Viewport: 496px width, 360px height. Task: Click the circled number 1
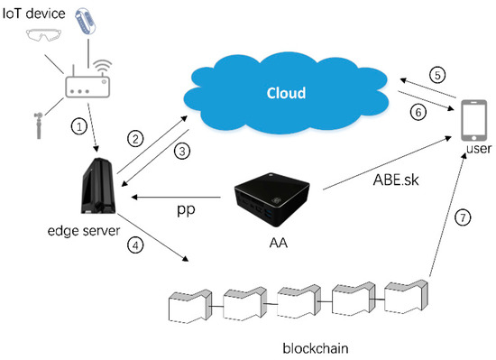80,125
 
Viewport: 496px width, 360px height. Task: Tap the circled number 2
133,138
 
